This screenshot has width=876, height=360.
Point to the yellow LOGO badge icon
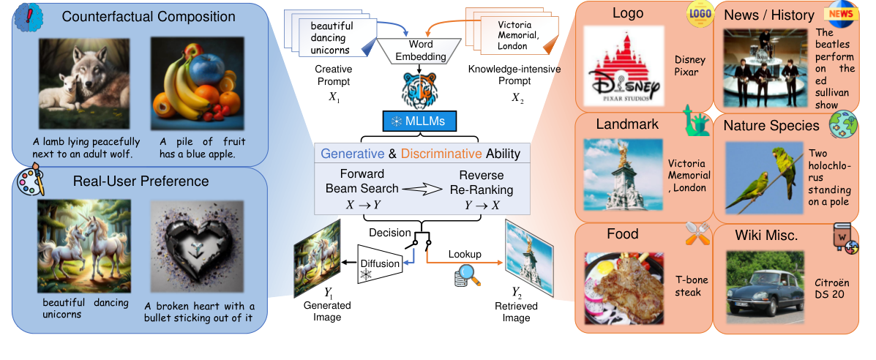(699, 15)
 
